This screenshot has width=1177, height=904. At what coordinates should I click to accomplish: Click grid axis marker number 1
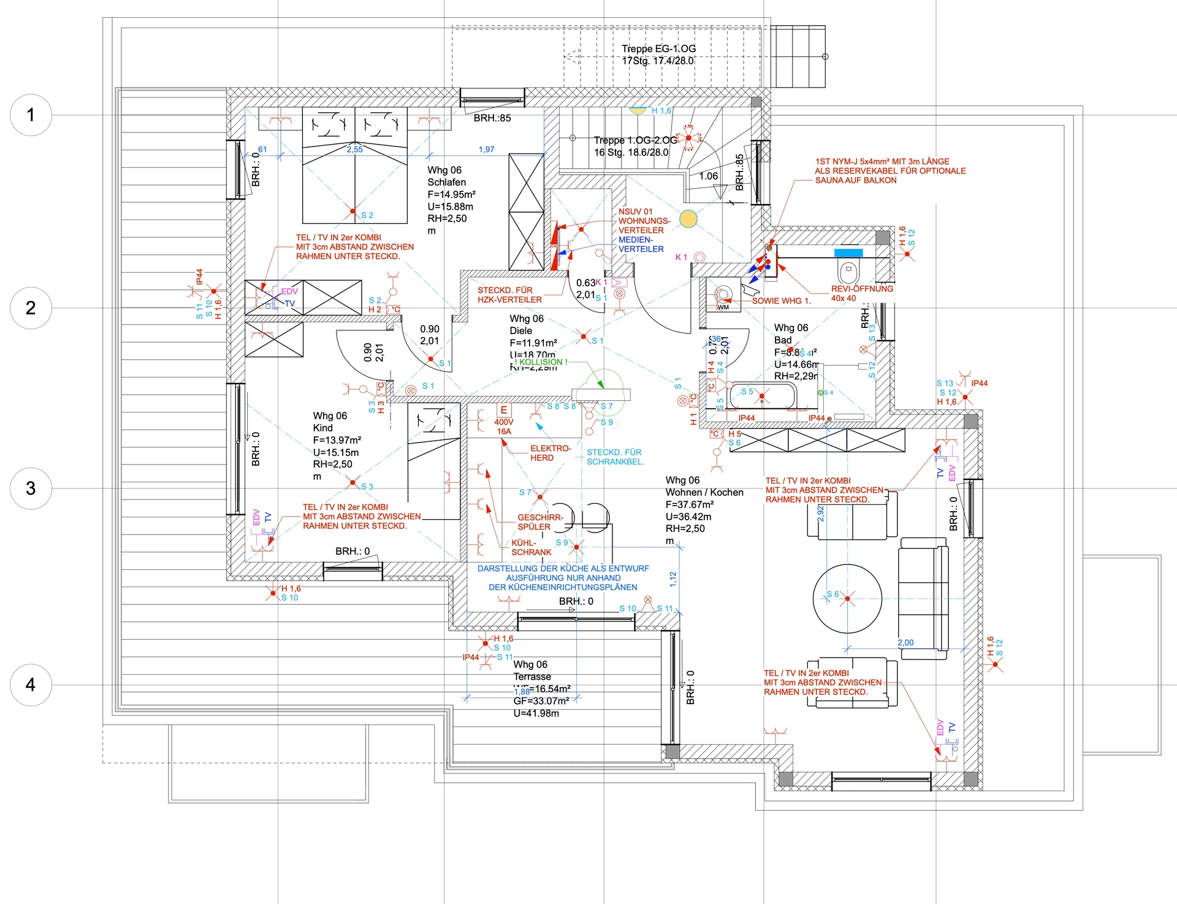click(31, 115)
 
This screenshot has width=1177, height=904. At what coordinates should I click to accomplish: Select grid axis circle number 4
click(31, 685)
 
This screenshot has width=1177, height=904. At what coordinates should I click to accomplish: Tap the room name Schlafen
click(446, 182)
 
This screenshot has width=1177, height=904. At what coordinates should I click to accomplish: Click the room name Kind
click(322, 428)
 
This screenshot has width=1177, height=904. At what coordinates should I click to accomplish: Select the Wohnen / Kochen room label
click(704, 492)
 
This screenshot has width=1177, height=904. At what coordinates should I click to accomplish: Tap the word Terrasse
click(532, 677)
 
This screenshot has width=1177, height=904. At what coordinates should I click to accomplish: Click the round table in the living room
click(847, 599)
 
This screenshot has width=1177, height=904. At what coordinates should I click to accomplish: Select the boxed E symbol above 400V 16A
click(504, 410)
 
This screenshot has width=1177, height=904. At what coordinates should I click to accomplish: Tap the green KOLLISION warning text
click(541, 362)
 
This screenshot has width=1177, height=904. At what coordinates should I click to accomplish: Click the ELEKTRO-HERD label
click(550, 453)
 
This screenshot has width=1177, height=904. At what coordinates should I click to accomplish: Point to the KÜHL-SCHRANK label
click(531, 547)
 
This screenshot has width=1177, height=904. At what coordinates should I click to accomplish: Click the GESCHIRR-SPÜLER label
click(539, 522)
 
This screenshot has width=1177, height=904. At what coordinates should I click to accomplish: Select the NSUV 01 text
click(635, 211)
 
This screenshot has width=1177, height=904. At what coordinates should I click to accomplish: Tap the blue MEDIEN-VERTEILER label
click(641, 245)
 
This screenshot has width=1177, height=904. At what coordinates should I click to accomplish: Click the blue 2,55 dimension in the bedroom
click(354, 150)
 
